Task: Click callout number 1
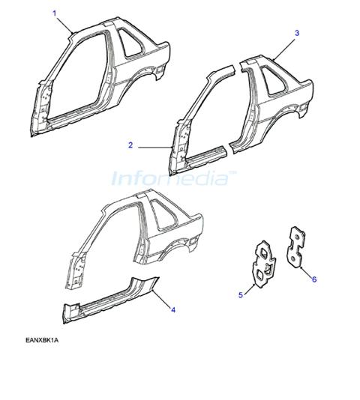[55, 13]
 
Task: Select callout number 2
[130, 145]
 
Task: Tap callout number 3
[297, 33]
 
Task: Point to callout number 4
[173, 310]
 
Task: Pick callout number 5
[241, 295]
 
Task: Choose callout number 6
[314, 279]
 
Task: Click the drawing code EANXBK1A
[42, 340]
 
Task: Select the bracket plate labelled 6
[296, 247]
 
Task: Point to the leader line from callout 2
[154, 148]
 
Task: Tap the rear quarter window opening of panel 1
[132, 43]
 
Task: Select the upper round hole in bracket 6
[296, 237]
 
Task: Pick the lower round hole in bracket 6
[293, 259]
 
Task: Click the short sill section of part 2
[206, 155]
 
